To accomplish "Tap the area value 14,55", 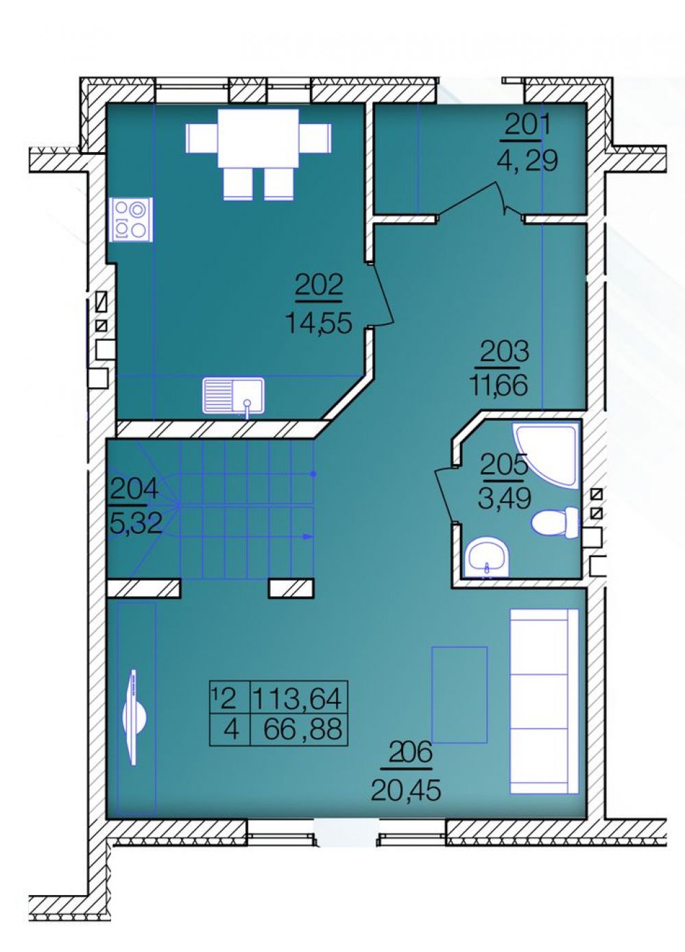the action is [x=319, y=324].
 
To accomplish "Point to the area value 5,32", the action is [x=136, y=523].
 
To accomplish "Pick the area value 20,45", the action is [x=405, y=790].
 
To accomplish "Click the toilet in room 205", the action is [x=555, y=522].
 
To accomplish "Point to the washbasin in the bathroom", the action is [x=487, y=559].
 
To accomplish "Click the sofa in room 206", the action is [x=544, y=701].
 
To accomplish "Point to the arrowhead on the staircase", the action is [x=307, y=537].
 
